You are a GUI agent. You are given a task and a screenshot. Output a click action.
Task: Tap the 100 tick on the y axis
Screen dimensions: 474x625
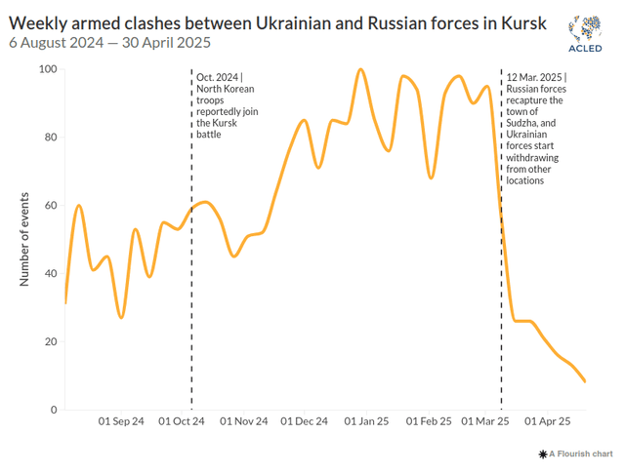[47, 69]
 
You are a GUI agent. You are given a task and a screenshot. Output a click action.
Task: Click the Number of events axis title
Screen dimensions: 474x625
[24, 240]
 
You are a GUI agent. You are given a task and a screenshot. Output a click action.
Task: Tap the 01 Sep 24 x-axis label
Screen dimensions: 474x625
[122, 422]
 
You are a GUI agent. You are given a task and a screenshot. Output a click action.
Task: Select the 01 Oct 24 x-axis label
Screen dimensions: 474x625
[183, 422]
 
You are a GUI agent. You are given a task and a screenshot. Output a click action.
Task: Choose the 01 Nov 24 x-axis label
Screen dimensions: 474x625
[244, 422]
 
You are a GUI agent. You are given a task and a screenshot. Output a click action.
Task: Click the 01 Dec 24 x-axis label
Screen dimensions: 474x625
[304, 422]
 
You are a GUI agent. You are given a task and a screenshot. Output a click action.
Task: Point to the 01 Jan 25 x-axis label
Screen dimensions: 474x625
[366, 422]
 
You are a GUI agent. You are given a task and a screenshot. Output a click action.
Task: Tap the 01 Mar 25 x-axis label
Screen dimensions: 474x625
[484, 422]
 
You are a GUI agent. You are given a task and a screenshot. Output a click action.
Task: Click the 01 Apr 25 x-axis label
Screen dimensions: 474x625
[547, 422]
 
